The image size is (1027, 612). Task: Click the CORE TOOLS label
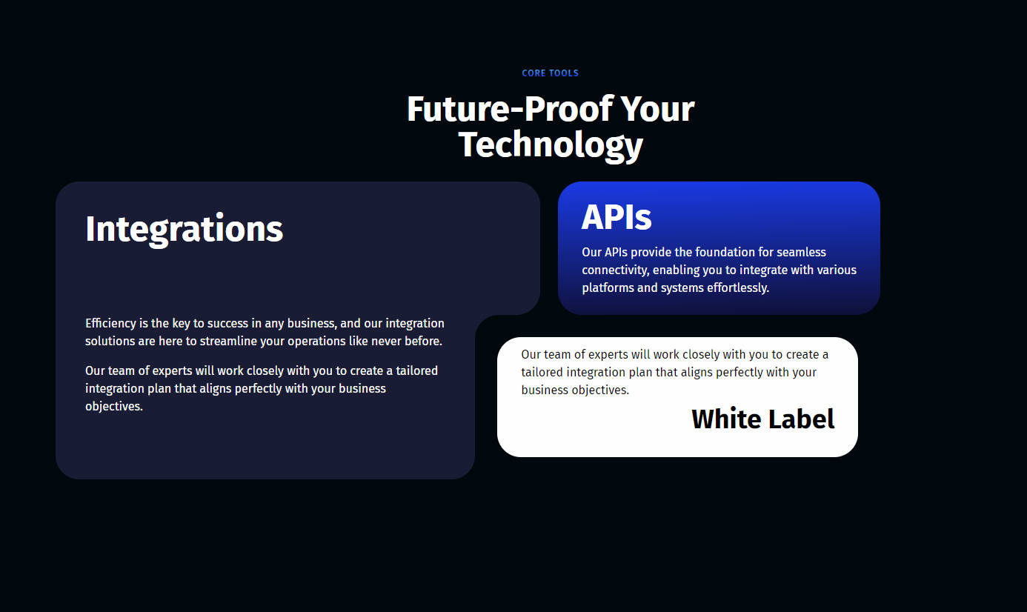550,73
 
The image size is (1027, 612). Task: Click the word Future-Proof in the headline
510,110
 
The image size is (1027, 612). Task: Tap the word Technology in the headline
551,145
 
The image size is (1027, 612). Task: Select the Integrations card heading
184,229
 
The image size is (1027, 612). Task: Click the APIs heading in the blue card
616,217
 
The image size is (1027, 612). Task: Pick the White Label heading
763,419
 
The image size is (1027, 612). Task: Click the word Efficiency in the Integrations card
110,324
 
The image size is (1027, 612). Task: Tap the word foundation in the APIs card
725,252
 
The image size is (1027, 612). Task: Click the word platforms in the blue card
608,288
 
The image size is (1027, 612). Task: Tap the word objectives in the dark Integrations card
113,406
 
